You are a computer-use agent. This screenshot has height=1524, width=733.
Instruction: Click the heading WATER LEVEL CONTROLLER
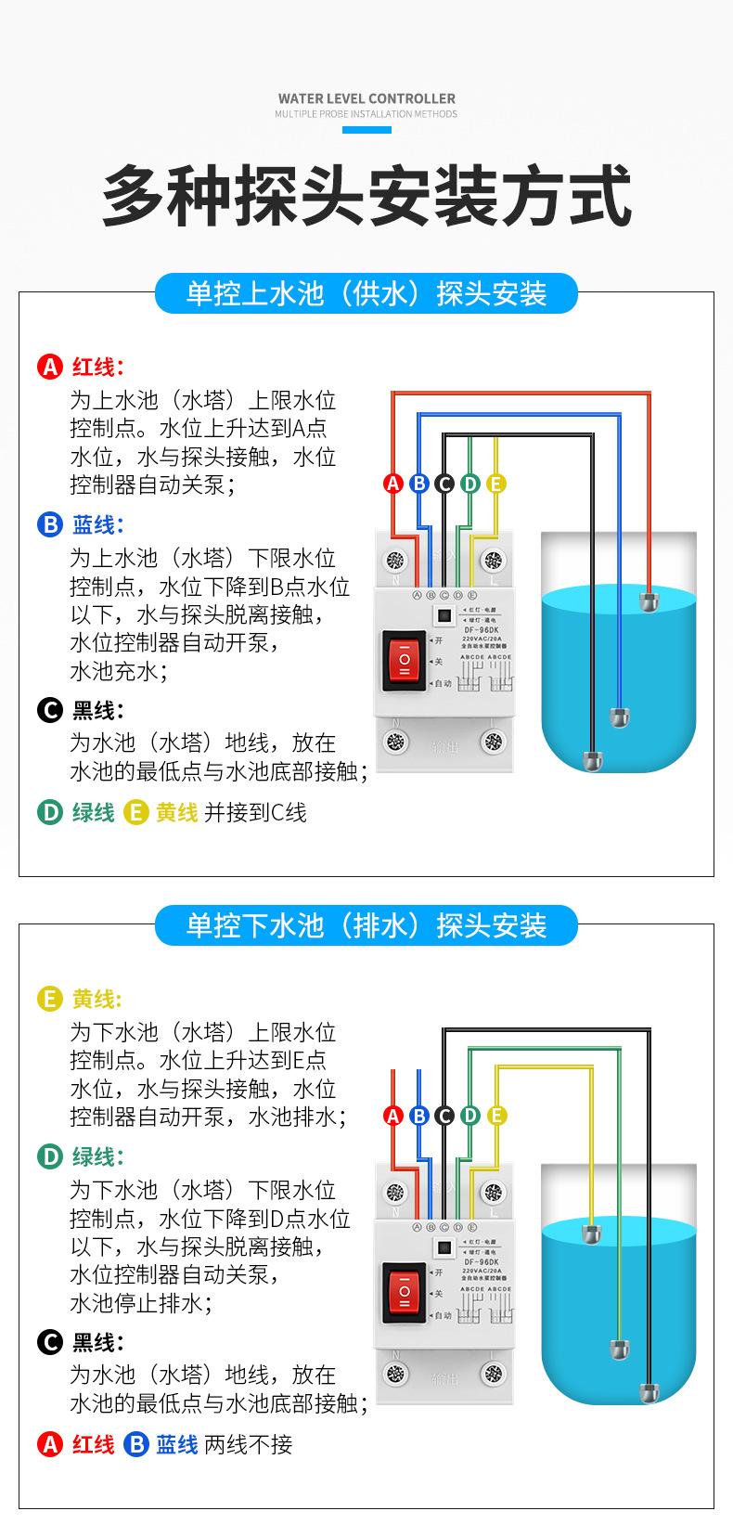(x=366, y=98)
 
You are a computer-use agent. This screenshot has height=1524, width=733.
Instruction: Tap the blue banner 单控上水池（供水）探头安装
(x=366, y=293)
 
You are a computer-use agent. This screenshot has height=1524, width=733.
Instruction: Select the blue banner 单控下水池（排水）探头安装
(x=366, y=925)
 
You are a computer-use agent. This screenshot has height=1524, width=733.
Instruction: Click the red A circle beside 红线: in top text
(x=49, y=367)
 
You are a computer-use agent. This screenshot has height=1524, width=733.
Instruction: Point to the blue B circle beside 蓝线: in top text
(x=49, y=524)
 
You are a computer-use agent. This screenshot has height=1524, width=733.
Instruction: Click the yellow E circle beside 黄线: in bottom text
(x=49, y=999)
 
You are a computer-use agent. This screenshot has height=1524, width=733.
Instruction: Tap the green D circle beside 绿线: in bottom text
(x=49, y=1156)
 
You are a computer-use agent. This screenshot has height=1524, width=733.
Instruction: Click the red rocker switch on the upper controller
(x=405, y=659)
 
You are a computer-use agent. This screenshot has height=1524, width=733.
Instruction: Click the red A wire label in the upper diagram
(x=393, y=484)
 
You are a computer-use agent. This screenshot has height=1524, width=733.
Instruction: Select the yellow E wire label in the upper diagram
(x=495, y=484)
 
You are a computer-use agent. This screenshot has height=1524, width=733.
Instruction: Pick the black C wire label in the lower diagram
(x=444, y=1116)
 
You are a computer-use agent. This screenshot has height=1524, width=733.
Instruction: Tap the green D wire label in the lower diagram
(x=470, y=1116)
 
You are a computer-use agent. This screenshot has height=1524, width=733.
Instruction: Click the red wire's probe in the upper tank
(x=649, y=601)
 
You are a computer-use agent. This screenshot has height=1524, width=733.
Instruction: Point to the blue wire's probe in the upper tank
(x=619, y=717)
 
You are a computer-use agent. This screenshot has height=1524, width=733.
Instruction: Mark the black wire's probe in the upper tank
(x=592, y=761)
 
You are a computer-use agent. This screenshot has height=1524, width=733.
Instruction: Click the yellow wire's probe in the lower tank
(x=591, y=1233)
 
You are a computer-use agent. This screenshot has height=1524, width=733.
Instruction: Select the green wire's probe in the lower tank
(x=618, y=1349)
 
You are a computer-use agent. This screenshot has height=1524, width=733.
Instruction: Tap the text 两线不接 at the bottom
(x=248, y=1444)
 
